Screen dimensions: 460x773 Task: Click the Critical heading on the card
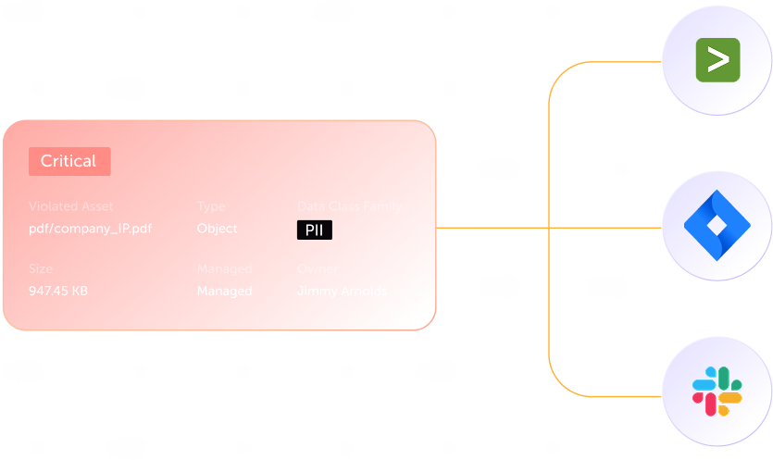pyautogui.click(x=68, y=161)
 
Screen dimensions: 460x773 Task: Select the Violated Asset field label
pyautogui.click(x=71, y=206)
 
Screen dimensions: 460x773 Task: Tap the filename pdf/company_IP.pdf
pyautogui.click(x=89, y=229)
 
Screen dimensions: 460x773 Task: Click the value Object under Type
pyautogui.click(x=217, y=229)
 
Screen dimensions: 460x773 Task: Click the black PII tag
pyautogui.click(x=314, y=230)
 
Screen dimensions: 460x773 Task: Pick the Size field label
pyautogui.click(x=41, y=269)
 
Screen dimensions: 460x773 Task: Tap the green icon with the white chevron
pyautogui.click(x=718, y=60)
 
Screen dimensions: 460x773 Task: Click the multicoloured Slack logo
pyautogui.click(x=717, y=391)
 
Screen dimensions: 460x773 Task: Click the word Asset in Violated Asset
pyautogui.click(x=96, y=206)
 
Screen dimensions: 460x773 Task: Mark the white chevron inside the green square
pyautogui.click(x=718, y=60)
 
